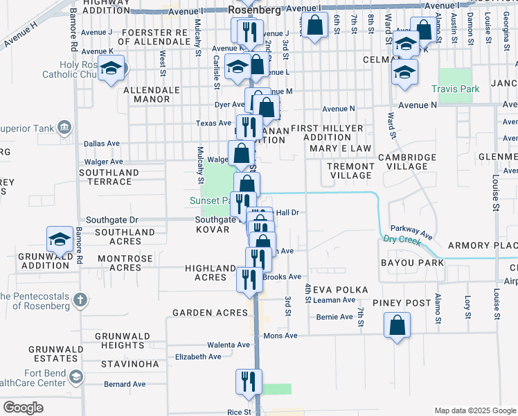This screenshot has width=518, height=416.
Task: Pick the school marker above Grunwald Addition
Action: (60, 240)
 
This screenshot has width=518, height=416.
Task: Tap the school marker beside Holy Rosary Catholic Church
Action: (111, 69)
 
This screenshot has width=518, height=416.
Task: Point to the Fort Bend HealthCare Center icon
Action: (76, 377)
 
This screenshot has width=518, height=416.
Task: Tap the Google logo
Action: (23, 408)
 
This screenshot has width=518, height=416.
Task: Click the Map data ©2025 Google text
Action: (474, 410)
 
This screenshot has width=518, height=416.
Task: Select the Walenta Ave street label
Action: (229, 345)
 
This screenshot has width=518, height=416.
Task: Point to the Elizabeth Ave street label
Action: (198, 356)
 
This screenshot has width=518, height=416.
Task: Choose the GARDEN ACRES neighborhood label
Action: (210, 313)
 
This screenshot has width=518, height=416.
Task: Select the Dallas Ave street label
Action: (101, 144)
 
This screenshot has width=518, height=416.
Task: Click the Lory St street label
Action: (467, 303)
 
